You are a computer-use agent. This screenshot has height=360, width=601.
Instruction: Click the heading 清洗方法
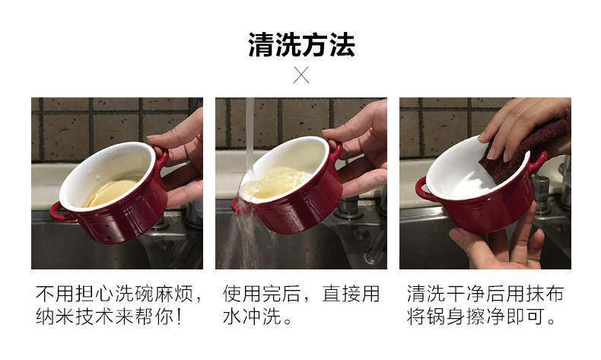click(x=301, y=45)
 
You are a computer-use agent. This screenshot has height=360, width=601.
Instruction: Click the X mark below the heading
click(x=301, y=75)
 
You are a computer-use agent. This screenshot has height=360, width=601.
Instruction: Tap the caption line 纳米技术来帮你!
click(x=109, y=317)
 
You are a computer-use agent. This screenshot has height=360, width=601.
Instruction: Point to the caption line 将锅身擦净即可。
click(x=482, y=317)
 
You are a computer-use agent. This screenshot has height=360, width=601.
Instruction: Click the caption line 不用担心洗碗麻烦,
click(x=119, y=294)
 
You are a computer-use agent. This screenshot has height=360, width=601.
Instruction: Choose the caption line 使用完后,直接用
click(x=301, y=294)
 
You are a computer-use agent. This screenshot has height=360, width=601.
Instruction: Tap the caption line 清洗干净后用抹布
click(x=485, y=294)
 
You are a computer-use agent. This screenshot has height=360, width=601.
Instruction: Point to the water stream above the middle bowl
click(x=250, y=134)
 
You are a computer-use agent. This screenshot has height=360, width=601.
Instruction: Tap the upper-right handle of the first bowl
click(x=162, y=157)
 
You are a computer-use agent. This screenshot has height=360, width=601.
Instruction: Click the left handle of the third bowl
click(x=424, y=190)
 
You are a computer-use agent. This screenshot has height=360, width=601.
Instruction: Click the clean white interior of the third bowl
click(x=460, y=169)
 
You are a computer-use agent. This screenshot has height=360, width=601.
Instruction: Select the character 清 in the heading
click(x=262, y=45)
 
